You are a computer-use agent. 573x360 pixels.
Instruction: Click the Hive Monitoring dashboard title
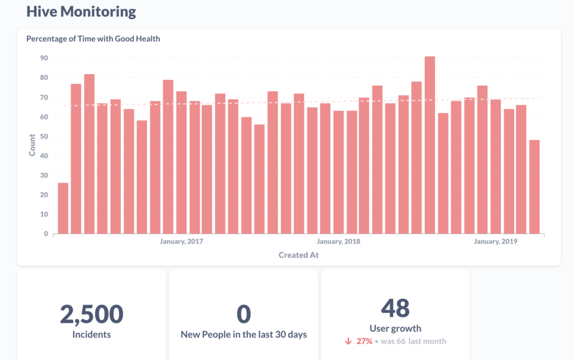click(81, 11)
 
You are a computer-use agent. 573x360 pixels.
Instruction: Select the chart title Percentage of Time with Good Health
click(93, 39)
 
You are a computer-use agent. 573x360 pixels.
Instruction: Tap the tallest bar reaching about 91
click(429, 146)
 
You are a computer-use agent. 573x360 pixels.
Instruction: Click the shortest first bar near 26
click(63, 208)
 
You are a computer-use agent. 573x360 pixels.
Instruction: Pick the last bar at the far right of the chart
click(534, 186)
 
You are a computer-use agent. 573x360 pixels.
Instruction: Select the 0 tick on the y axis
click(46, 234)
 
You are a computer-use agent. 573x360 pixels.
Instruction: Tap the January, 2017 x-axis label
click(181, 241)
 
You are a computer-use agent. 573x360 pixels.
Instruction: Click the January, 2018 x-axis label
click(339, 241)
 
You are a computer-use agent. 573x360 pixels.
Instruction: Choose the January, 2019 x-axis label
click(495, 241)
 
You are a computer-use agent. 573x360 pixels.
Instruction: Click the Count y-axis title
click(32, 145)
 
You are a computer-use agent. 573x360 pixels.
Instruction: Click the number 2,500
click(92, 315)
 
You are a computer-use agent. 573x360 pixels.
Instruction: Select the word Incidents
click(92, 335)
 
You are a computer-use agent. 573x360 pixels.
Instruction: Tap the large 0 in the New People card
click(244, 315)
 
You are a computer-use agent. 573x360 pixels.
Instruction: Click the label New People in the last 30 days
click(244, 335)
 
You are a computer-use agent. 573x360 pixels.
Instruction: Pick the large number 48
click(395, 308)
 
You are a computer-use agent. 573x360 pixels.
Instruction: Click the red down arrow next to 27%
click(348, 341)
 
